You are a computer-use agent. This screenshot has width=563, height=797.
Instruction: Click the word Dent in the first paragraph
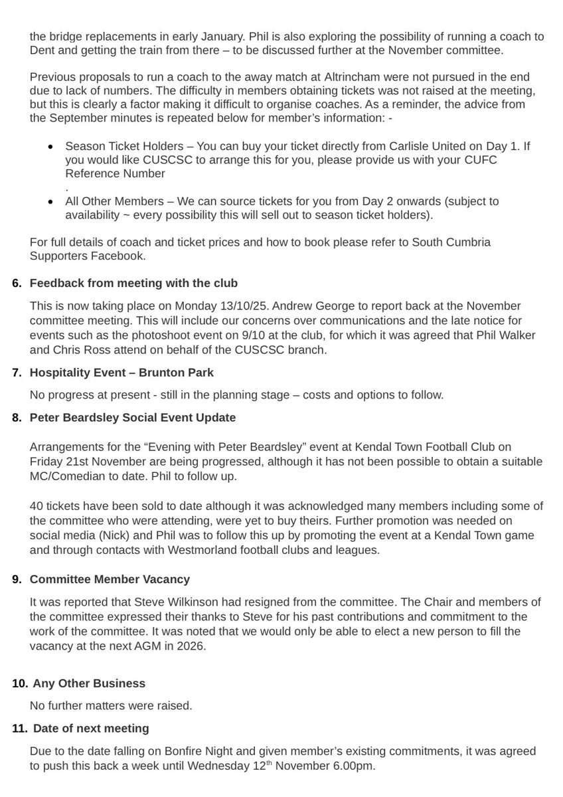[x=43, y=51]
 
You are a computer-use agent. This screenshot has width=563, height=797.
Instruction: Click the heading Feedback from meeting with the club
[x=133, y=284]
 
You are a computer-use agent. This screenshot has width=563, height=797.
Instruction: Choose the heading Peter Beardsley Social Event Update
[x=133, y=418]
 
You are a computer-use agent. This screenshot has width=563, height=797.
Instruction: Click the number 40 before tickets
[x=37, y=507]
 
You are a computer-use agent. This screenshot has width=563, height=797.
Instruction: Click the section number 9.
[x=17, y=579]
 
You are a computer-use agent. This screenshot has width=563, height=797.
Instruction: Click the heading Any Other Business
[x=88, y=683]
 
